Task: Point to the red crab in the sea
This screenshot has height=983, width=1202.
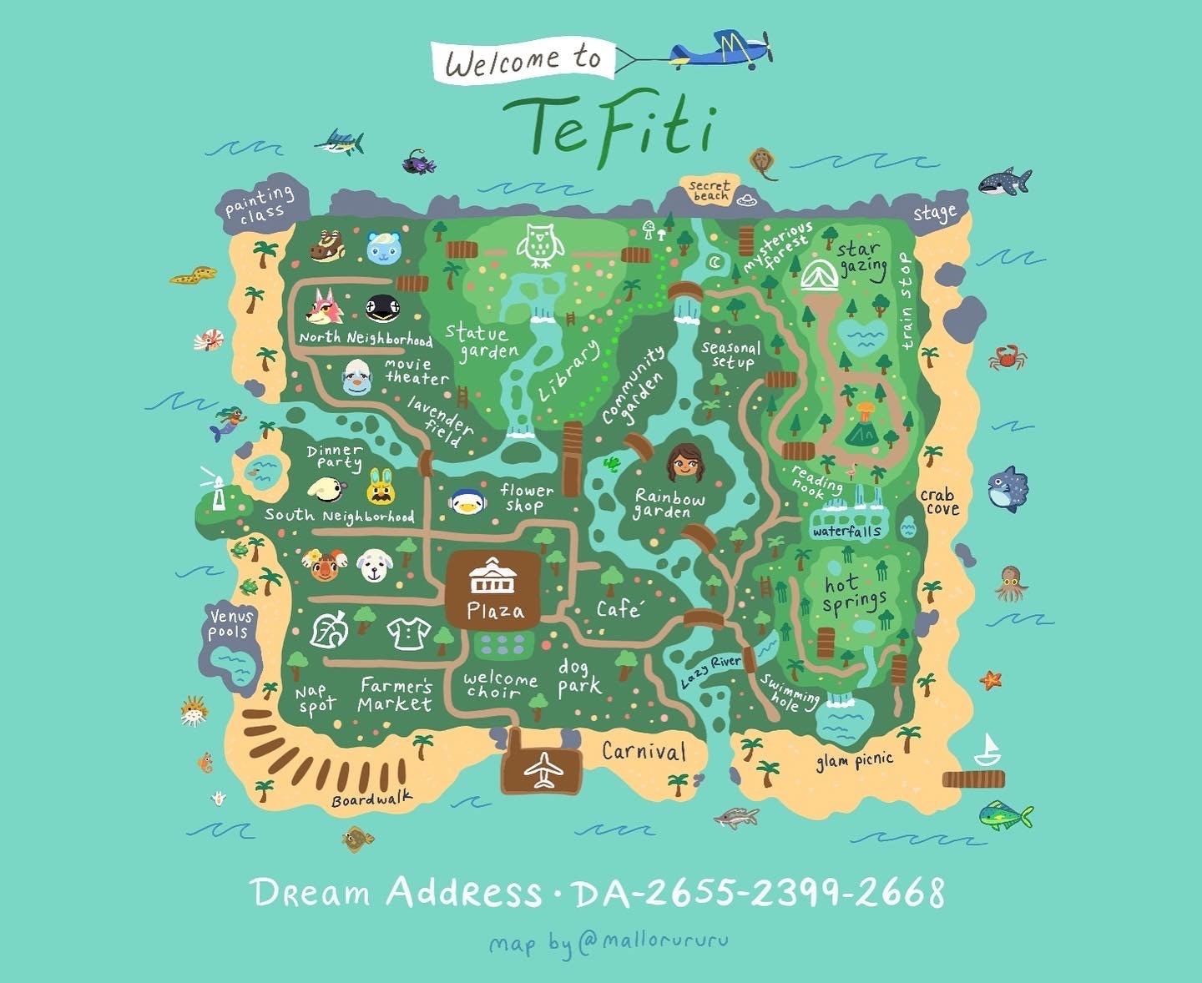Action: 1008,357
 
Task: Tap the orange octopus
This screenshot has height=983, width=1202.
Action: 1011,582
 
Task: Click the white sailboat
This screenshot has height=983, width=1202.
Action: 989,750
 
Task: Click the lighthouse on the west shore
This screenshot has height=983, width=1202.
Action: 218,490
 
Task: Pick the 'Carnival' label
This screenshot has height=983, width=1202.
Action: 644,751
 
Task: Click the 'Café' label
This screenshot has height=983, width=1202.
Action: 619,609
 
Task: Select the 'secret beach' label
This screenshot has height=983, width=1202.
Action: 710,191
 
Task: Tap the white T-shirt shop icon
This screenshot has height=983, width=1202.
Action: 408,633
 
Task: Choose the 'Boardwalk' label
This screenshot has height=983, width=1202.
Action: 371,799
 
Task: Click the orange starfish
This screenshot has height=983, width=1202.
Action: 991,679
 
